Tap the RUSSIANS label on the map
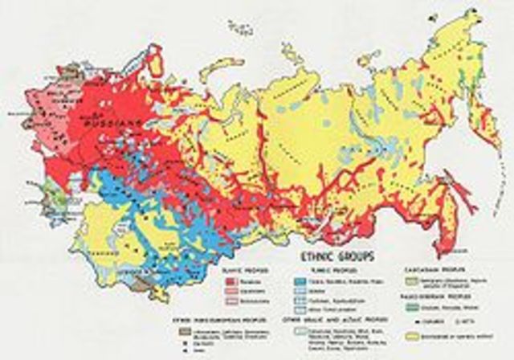click(x=112, y=123)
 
